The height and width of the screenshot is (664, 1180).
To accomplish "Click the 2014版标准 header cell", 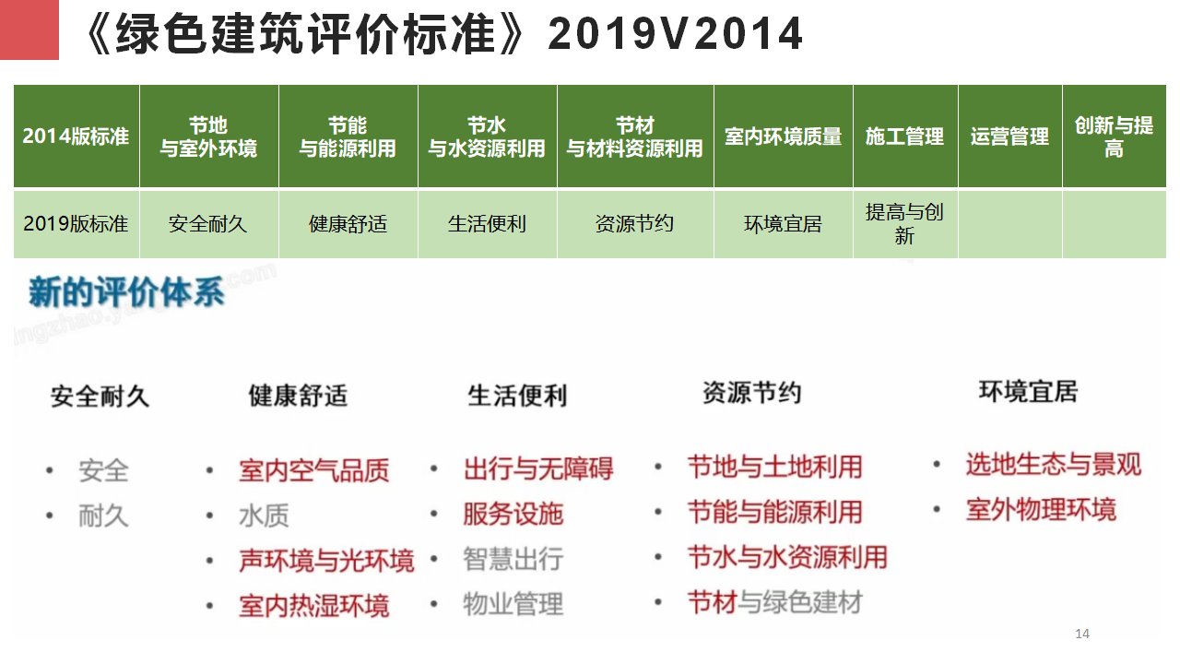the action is [76, 136].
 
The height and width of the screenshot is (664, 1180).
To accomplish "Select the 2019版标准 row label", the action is [76, 224].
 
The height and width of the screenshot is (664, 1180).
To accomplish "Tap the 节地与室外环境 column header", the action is [208, 136].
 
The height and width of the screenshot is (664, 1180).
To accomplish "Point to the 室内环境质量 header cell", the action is [783, 136].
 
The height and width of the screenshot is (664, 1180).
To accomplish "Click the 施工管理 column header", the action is [905, 136].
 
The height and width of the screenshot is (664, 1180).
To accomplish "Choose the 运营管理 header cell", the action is [1009, 136].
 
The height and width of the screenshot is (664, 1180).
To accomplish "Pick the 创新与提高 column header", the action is [1115, 136].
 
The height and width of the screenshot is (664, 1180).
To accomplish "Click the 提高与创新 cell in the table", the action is [905, 224].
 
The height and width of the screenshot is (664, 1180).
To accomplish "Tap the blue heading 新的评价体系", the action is [126, 292].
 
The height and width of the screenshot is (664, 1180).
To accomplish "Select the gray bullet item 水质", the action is [264, 516].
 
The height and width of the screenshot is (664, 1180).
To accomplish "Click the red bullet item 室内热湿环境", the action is [314, 606].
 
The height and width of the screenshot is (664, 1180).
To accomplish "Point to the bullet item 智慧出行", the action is [513, 559].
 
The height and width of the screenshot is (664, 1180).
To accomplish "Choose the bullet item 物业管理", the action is [513, 604].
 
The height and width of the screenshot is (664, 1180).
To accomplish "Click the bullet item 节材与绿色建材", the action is [775, 602].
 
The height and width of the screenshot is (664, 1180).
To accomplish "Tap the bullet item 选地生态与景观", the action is [1054, 465].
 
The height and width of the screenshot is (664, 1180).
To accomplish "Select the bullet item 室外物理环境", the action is [1041, 510].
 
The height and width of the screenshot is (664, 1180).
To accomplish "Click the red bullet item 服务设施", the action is [513, 514].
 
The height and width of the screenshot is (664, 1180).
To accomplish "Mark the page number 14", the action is [1082, 634].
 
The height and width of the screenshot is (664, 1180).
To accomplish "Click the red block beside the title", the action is [29, 30].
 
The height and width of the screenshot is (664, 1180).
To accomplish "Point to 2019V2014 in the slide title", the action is [675, 34].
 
